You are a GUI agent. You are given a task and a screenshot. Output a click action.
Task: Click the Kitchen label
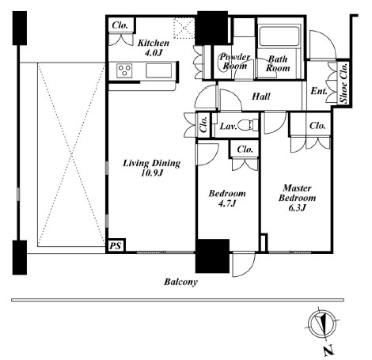[154, 43]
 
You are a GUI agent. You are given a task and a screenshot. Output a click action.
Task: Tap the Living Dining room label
[152, 163]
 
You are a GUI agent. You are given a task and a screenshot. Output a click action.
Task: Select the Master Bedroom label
[297, 193]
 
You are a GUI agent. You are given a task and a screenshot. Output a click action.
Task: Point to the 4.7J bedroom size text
[227, 203]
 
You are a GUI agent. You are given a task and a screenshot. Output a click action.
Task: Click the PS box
[116, 246]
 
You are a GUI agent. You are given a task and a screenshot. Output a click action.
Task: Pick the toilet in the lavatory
[248, 125]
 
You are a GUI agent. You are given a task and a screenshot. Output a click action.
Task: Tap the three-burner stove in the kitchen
[124, 70]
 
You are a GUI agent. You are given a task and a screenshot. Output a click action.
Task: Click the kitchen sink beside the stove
[159, 70]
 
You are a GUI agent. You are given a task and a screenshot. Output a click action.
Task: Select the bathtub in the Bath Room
[279, 36]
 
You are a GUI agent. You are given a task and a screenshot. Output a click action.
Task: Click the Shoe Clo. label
[344, 83]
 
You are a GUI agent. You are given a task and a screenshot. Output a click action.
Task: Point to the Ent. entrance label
[319, 91]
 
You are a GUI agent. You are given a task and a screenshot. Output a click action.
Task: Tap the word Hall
[261, 97]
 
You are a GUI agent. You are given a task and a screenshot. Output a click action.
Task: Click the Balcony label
[180, 282]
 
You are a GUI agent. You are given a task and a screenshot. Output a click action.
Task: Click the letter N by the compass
[328, 351]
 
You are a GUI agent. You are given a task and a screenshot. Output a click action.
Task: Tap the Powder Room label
[235, 61]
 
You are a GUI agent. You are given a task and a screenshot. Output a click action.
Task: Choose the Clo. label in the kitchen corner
[120, 25]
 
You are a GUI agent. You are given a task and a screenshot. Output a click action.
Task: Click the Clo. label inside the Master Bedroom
[317, 126]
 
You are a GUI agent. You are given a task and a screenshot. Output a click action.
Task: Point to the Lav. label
[229, 126]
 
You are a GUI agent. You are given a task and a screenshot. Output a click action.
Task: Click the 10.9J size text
[152, 173]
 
